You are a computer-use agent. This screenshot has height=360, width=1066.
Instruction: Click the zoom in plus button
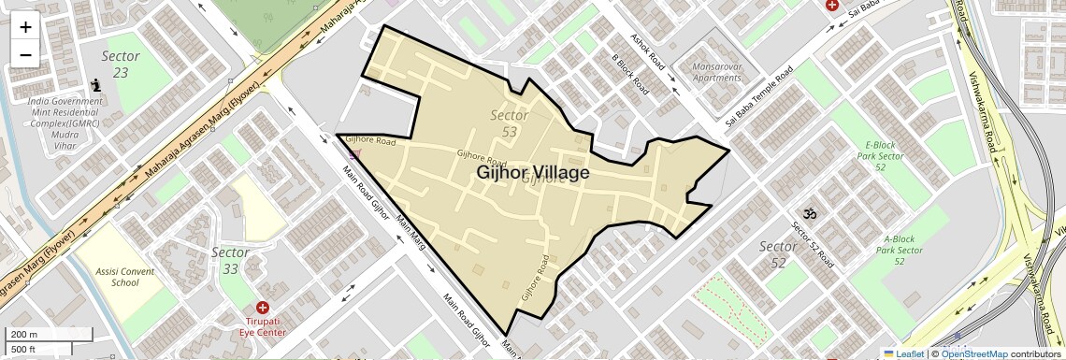click(25, 26)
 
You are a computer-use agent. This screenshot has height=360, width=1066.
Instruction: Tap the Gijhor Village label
click(533, 173)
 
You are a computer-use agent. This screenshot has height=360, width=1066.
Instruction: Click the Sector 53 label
click(510, 123)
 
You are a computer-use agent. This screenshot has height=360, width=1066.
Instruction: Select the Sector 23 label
click(121, 64)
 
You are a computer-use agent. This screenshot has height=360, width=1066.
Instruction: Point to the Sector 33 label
click(230, 261)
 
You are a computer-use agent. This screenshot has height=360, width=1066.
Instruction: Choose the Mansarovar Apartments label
click(717, 72)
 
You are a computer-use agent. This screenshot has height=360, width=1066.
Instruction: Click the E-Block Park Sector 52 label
click(881, 155)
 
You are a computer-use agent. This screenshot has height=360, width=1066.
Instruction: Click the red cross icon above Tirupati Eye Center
click(262, 308)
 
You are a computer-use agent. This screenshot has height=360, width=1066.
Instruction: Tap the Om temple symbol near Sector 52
click(810, 215)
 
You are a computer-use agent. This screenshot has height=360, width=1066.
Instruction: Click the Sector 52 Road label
click(813, 246)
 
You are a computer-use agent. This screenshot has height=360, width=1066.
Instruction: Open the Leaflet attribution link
click(903, 353)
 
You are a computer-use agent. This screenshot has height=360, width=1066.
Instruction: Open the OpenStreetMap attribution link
click(973, 353)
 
